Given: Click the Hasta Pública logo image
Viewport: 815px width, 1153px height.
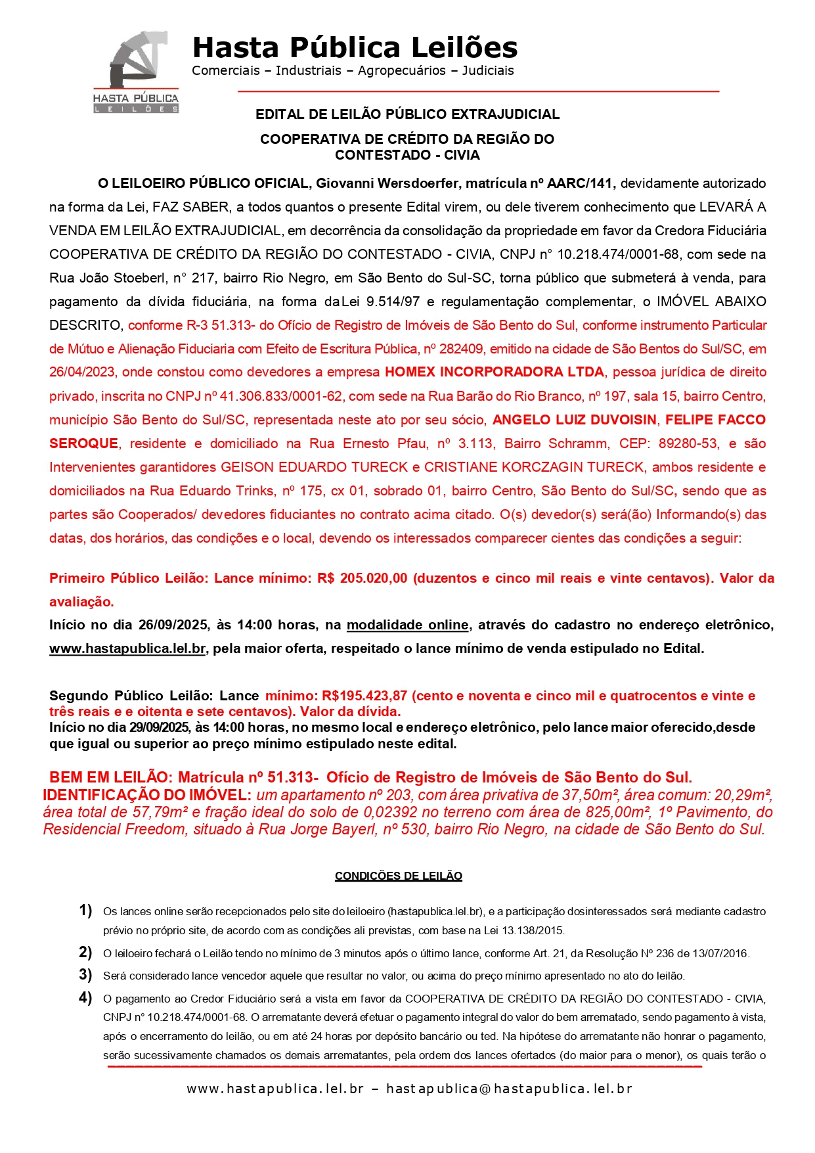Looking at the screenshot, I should (135, 72).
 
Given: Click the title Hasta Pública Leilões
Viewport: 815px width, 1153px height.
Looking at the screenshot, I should (355, 47).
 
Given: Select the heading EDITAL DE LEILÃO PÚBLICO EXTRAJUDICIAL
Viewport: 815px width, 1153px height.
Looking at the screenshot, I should (407, 114).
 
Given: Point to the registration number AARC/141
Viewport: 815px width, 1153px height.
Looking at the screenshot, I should (581, 183).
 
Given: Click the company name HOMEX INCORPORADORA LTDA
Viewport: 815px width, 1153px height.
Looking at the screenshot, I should (494, 373).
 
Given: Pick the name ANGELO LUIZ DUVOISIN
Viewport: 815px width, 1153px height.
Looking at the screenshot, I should (574, 420).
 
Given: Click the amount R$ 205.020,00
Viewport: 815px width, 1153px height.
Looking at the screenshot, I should (362, 579).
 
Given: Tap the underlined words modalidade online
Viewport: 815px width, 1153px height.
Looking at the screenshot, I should (407, 625).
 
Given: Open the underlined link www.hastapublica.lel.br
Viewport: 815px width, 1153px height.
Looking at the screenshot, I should (127, 649).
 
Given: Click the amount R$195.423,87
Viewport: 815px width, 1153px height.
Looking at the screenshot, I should (364, 696).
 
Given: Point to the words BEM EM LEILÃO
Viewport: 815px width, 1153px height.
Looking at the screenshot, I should (108, 778).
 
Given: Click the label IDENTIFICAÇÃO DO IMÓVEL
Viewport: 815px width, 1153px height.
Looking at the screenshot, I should (146, 795).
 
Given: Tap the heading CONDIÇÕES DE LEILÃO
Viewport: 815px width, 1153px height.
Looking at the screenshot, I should (398, 876).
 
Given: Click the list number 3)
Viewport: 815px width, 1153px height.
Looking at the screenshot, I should (85, 975).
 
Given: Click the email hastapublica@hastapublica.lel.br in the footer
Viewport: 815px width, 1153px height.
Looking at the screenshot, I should (509, 1089).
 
